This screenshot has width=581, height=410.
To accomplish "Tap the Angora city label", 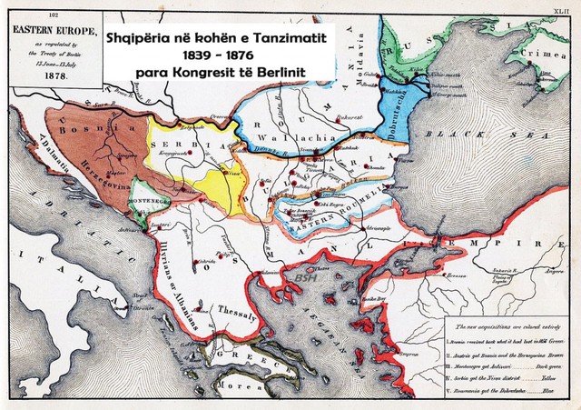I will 553,270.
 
